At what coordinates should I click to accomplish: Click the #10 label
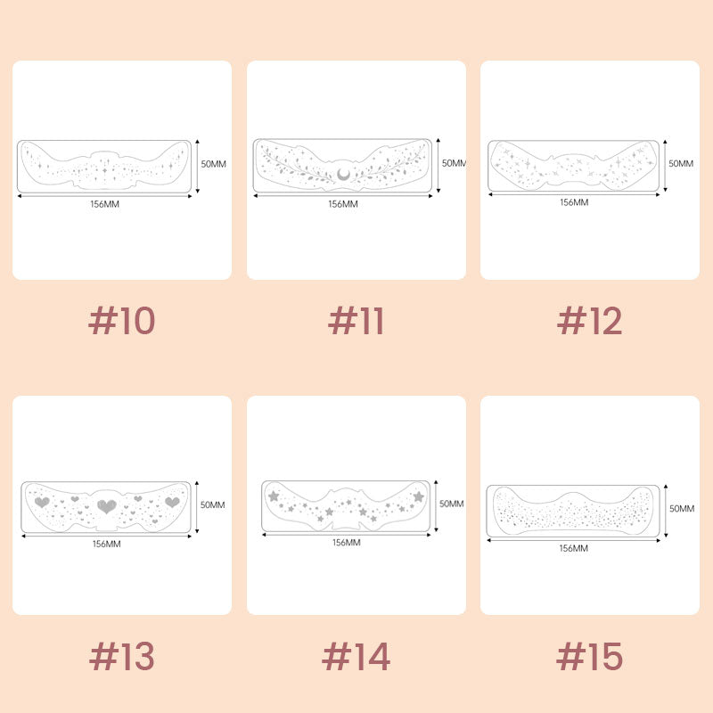coord(122,321)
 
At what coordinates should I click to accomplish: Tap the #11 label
coord(356,321)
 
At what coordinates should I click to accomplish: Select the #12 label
coord(589,321)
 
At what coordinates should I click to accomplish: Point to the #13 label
coord(122,656)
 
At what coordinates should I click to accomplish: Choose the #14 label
coord(356,656)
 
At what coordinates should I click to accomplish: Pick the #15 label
coord(589,656)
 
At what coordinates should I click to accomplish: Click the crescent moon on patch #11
coord(343,174)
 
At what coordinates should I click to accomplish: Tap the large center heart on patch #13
coord(107,505)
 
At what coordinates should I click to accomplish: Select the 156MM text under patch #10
coord(104,204)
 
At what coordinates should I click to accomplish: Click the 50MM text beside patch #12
coord(681,163)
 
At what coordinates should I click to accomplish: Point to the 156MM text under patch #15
coord(573,548)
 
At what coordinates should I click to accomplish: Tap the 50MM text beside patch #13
coord(213,504)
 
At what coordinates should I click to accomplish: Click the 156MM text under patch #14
coord(347,543)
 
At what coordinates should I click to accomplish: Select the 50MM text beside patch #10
coord(214,164)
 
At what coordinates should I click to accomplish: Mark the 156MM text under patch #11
coord(343,204)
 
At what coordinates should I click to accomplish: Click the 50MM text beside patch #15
coord(682,508)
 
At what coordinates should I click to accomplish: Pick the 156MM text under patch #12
coord(574,202)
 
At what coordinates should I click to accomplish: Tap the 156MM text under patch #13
coord(107,544)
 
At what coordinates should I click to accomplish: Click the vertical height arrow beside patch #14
coord(436,505)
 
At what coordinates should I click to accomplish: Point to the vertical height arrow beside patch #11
coord(438,166)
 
